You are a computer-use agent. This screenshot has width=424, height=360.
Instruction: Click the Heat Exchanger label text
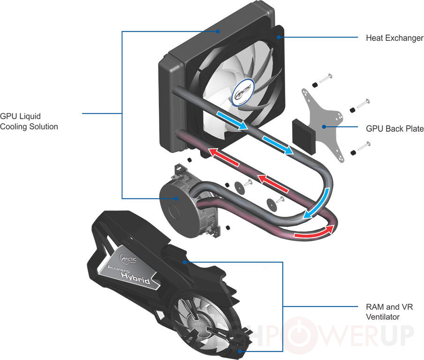394,38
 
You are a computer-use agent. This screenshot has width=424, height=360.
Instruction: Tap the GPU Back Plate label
394,128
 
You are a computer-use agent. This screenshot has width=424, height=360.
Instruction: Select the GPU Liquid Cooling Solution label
29,121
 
